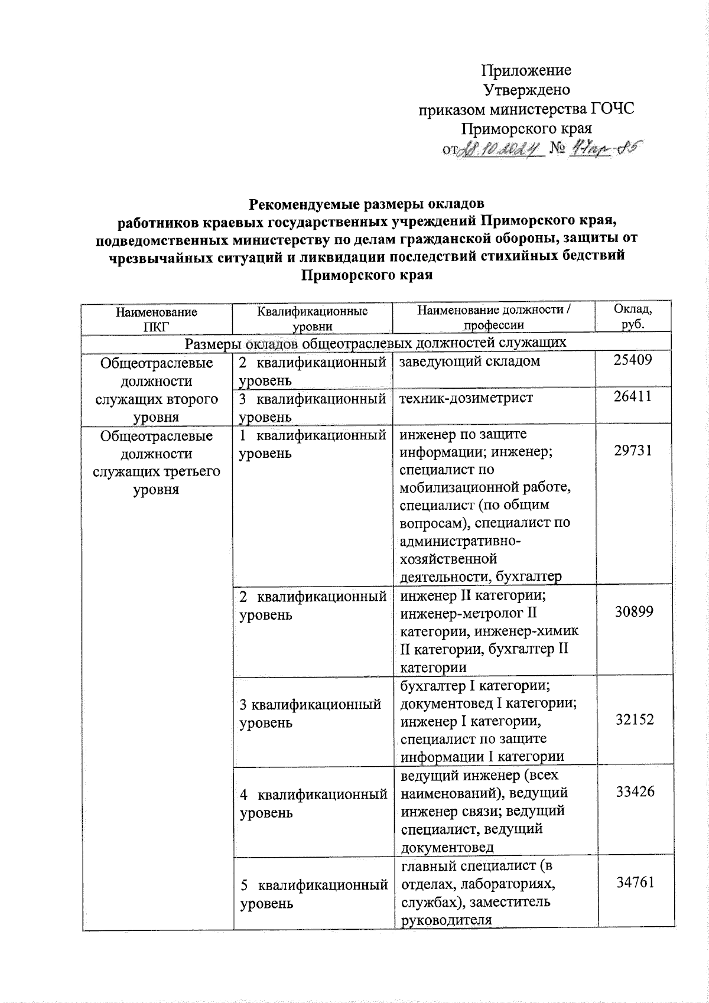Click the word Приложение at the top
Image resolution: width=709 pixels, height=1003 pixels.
(526, 71)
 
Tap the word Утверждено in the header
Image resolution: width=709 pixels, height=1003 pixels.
(526, 90)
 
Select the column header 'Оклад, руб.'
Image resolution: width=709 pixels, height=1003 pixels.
(633, 317)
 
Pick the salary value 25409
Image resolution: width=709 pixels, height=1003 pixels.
(633, 360)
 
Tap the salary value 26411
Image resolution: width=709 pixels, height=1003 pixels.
(633, 396)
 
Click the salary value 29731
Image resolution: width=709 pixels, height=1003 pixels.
(633, 450)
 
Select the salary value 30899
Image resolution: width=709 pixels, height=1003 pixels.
(633, 611)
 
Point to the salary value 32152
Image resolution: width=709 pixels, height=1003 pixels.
(633, 719)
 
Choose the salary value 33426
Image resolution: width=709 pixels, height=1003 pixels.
(633, 792)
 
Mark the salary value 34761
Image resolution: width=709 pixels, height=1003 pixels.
(633, 882)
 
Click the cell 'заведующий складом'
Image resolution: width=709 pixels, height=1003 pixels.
(470, 362)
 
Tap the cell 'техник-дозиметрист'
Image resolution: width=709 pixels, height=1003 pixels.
(466, 398)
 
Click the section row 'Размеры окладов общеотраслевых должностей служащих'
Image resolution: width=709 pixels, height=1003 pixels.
(376, 343)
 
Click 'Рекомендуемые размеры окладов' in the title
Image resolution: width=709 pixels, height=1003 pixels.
(366, 204)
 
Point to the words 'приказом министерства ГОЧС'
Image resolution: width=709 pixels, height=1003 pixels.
(526, 110)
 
